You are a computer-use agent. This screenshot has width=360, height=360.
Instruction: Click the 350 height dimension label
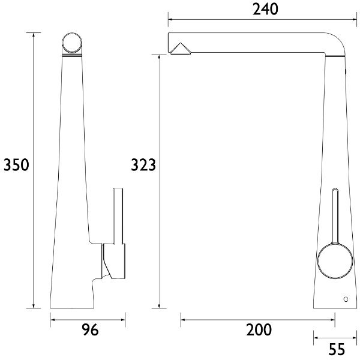click(x=16, y=165)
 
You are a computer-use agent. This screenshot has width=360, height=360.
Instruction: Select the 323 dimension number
click(x=144, y=165)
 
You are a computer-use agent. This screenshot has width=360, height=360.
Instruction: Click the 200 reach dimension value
click(x=259, y=329)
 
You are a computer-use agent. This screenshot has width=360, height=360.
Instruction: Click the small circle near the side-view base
click(x=345, y=298)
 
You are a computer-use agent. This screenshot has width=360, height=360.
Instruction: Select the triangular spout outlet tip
click(x=179, y=47)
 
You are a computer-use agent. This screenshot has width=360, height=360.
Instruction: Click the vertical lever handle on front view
click(x=118, y=216)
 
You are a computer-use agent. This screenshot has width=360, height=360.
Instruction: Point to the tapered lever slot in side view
click(x=335, y=216)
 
